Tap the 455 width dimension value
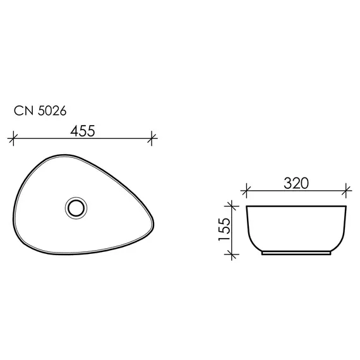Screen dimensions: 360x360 82,131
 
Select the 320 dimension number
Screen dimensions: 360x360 296,183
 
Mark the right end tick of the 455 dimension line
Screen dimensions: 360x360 152,137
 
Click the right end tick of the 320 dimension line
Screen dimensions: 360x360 347,188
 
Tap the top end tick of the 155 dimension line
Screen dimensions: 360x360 232,205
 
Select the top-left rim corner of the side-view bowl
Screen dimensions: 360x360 247,206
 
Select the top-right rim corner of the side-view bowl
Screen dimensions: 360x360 347,206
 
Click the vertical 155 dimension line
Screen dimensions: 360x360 232,230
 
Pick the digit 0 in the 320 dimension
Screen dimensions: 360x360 306,183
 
